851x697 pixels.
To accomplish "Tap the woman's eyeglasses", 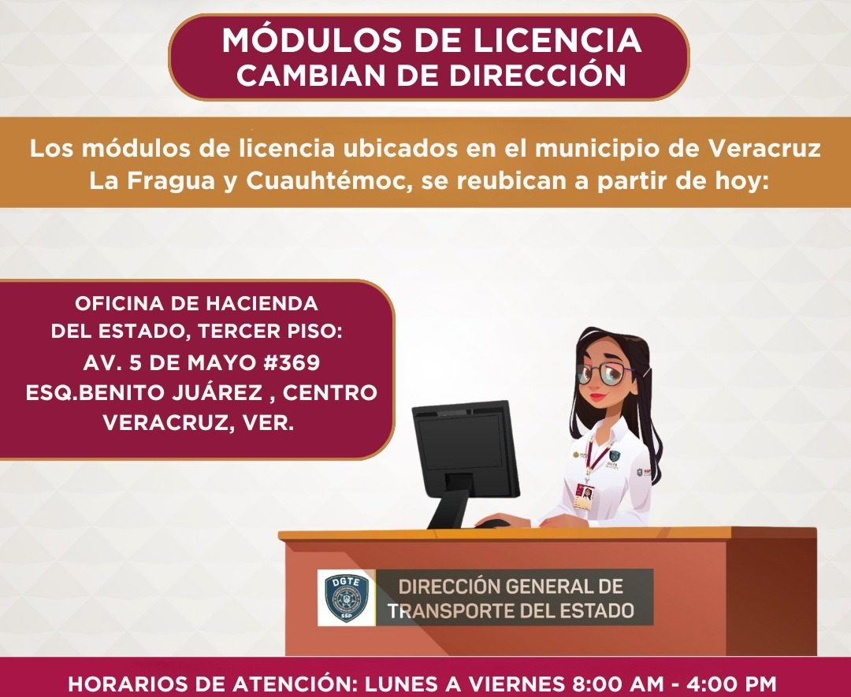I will coord(605,373).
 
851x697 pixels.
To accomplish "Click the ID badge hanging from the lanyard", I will coord(584,495).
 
